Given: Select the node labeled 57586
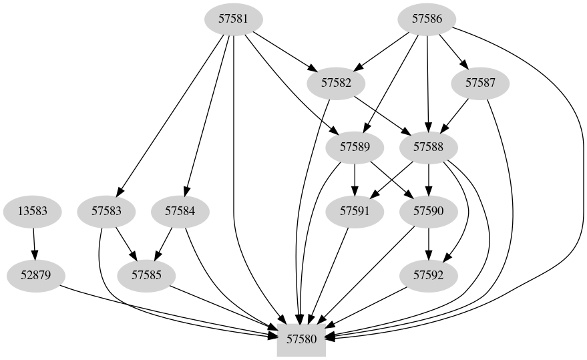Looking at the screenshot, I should [427, 19].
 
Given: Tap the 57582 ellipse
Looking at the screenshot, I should [336, 83].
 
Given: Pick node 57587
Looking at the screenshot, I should [480, 83].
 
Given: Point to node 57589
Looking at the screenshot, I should [355, 147].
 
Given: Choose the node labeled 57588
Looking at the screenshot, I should [427, 147].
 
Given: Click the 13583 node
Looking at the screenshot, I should [32, 212].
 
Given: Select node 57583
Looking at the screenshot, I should [106, 212].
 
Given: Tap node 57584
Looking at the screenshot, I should [180, 212].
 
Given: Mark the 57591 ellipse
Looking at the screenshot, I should [355, 212].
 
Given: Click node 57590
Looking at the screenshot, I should [427, 212].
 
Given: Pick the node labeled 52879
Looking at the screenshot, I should [35, 275].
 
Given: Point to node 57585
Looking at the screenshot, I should [146, 275].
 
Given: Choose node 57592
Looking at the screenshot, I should [427, 275].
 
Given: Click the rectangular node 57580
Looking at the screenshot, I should [301, 339].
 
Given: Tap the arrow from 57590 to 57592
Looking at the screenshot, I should [427, 243].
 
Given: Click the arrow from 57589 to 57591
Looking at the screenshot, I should [355, 179].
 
